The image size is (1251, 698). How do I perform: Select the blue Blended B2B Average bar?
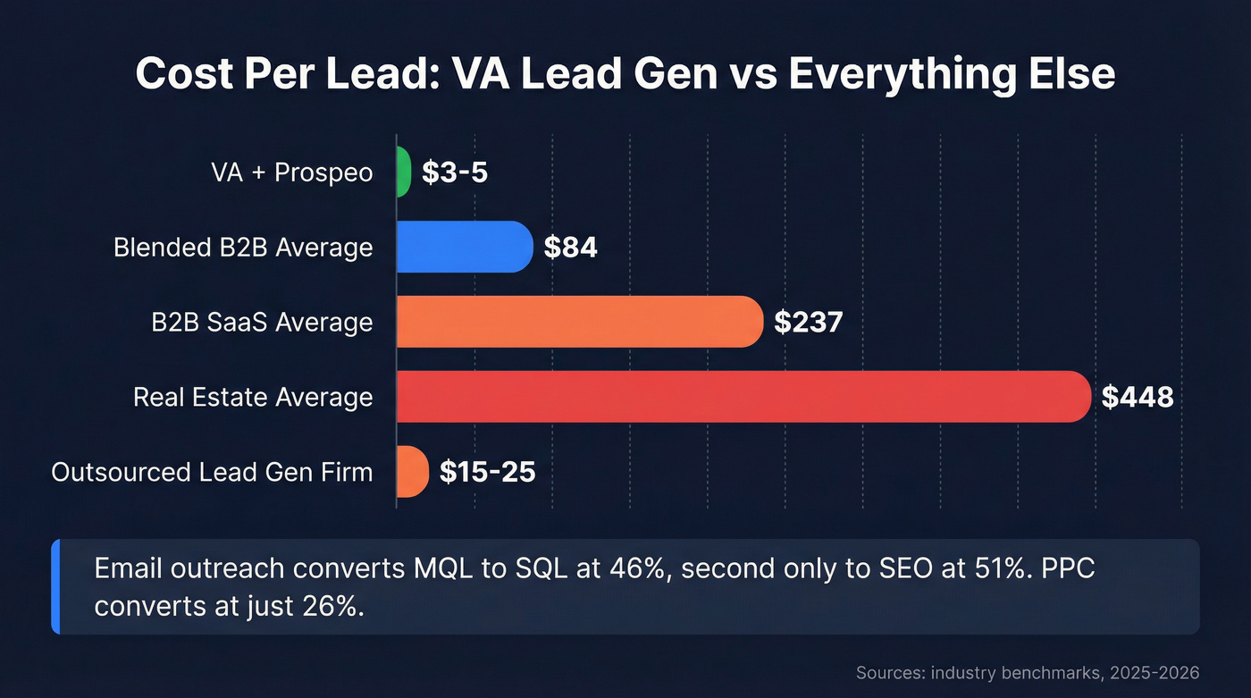tap(465, 247)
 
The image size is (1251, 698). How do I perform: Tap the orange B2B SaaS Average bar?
tap(579, 321)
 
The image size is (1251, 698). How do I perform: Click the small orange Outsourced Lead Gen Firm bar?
tap(413, 471)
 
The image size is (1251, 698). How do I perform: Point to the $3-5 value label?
tap(455, 172)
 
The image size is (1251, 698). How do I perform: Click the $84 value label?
tap(570, 248)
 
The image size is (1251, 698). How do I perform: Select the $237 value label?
tap(808, 322)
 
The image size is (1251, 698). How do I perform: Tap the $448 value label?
tap(1137, 397)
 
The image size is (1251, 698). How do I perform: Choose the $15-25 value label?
tap(487, 472)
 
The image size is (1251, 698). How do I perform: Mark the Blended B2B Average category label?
tap(243, 248)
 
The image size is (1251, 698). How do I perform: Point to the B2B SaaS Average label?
tap(262, 322)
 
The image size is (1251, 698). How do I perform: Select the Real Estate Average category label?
tap(253, 397)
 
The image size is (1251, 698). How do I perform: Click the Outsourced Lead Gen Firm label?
tap(212, 472)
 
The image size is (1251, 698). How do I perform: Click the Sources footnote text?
tap(1028, 672)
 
